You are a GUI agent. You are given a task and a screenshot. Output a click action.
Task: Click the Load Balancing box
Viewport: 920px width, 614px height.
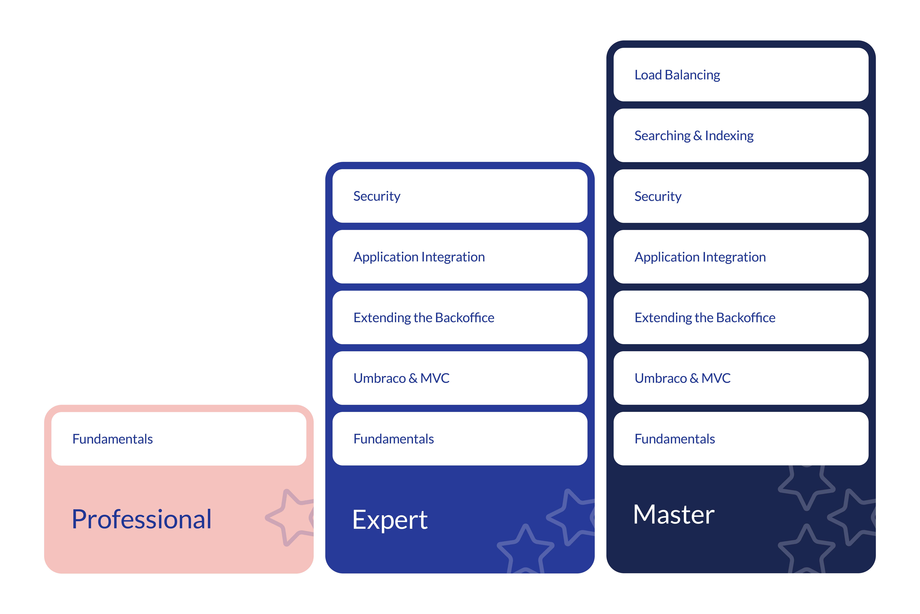coord(741,75)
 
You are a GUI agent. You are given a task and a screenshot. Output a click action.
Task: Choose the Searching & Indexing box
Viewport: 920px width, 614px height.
coord(741,136)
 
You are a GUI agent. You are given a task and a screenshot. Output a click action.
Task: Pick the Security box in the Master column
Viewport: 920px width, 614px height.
coord(741,196)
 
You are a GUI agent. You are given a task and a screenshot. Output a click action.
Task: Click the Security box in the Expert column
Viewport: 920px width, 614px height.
coord(460,196)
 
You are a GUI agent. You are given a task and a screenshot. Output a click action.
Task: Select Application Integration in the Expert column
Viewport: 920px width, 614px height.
coord(460,257)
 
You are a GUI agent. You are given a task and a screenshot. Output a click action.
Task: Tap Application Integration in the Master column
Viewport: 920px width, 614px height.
coord(741,257)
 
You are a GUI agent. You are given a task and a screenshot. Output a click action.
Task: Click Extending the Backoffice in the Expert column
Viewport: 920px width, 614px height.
coord(460,318)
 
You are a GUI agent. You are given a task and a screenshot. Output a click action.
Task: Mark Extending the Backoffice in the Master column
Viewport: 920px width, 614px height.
coord(741,318)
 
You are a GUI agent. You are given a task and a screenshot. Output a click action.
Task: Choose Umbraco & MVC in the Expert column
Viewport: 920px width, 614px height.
coord(460,378)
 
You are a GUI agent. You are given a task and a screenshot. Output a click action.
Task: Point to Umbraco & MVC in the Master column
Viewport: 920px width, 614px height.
coord(741,378)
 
